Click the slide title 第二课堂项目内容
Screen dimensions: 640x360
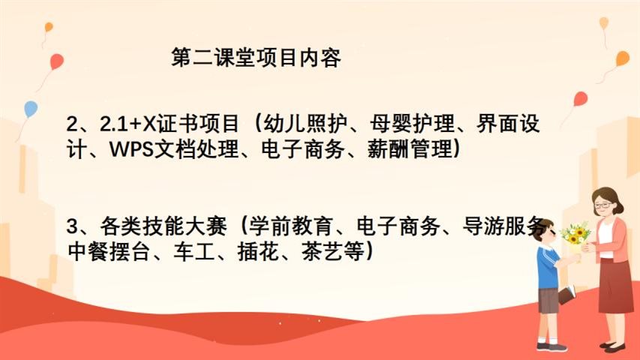coord(256,58)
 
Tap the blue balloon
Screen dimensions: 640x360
coord(31,109)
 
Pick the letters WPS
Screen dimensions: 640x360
coord(131,150)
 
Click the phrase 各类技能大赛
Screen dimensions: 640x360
coord(164,226)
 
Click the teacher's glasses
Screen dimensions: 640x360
coord(602,205)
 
